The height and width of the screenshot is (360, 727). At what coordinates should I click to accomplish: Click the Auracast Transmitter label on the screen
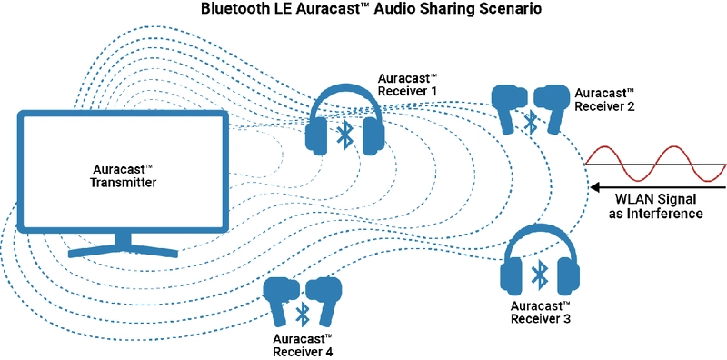click(125, 176)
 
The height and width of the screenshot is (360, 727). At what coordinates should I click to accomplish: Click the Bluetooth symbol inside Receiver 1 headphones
click(344, 136)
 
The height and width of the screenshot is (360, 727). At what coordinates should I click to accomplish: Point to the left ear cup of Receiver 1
click(317, 136)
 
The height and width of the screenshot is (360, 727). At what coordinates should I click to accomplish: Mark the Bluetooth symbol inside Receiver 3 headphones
click(541, 274)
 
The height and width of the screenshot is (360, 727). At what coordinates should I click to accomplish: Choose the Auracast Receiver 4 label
click(304, 344)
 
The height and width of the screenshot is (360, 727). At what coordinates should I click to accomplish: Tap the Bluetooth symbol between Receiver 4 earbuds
click(302, 315)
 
